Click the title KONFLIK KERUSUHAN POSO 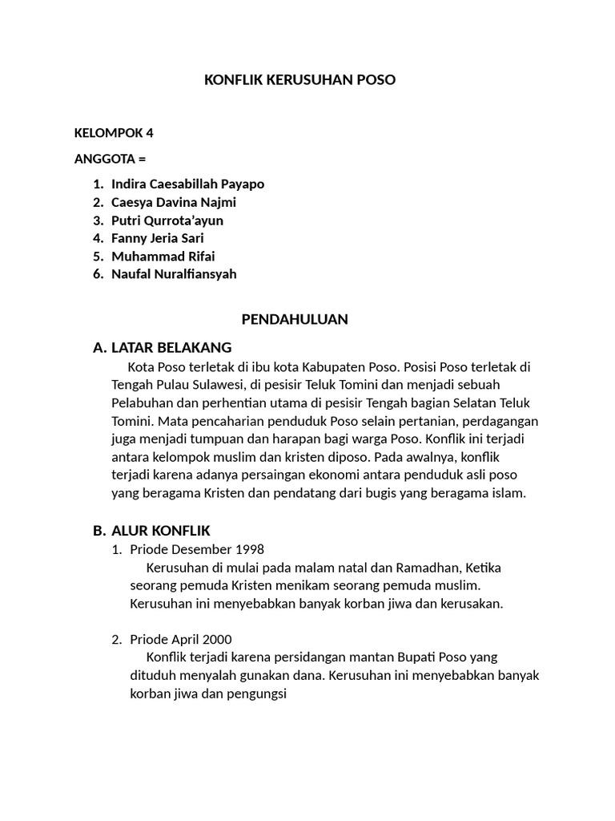pos(300,80)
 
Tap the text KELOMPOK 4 pos(113,133)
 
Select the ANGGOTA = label pos(110,159)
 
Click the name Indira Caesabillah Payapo pos(187,184)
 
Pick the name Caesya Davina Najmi pos(174,203)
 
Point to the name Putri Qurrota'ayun pos(167,220)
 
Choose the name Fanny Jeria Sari pos(158,238)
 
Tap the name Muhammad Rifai pos(163,257)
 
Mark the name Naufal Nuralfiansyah pos(174,274)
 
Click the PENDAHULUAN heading pos(295,319)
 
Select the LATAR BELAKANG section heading pos(171,347)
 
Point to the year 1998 pos(249,550)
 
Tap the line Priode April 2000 pos(180,639)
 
